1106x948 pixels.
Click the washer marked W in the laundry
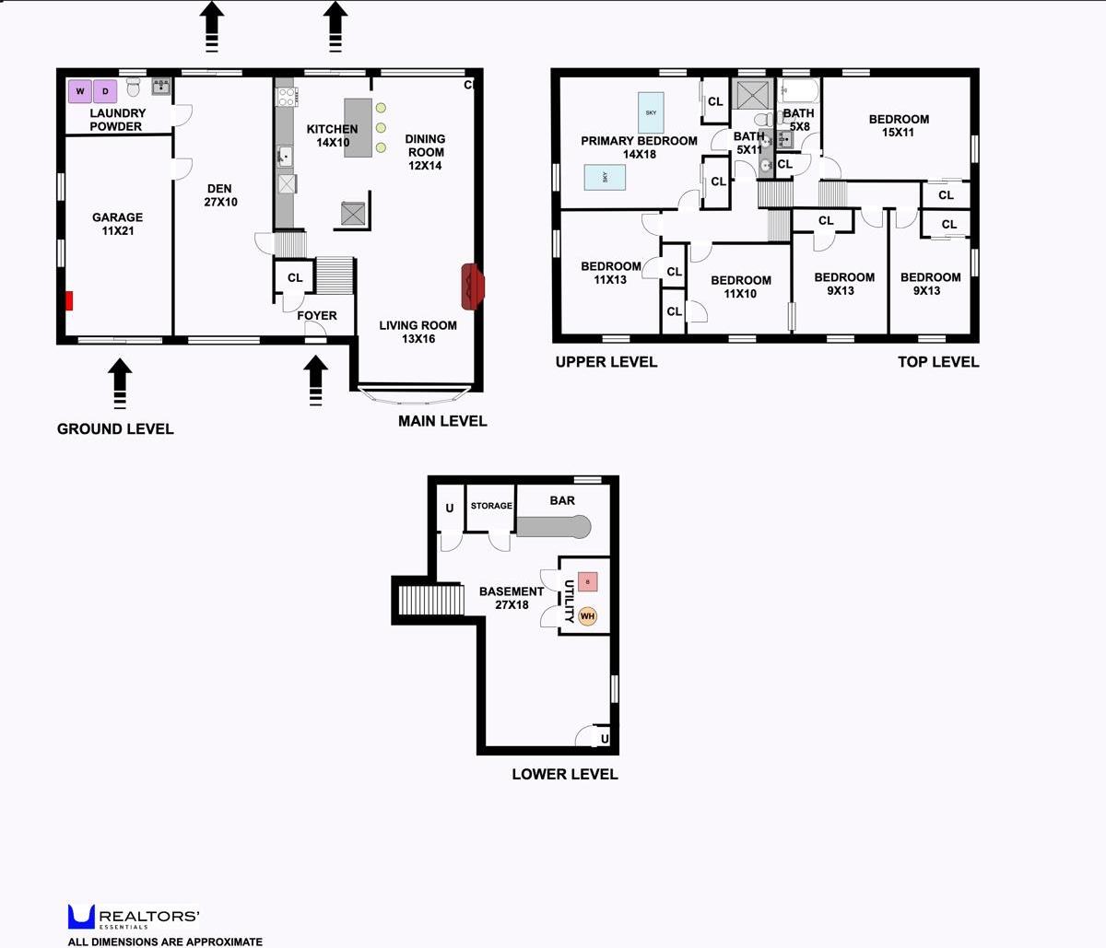click(80, 91)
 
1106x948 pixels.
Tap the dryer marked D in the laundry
click(105, 91)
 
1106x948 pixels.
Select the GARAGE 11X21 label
click(118, 224)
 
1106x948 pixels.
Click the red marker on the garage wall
click(69, 300)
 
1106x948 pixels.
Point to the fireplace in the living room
click(472, 286)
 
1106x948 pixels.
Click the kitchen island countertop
click(359, 127)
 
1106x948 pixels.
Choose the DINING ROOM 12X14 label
click(425, 152)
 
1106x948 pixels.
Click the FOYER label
click(316, 315)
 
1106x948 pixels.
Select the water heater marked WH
click(587, 616)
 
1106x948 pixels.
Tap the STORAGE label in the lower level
click(491, 506)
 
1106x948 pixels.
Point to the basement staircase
click(429, 601)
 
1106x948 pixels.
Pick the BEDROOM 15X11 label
click(899, 125)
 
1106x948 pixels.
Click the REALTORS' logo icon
click(81, 917)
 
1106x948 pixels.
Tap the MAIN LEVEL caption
click(442, 421)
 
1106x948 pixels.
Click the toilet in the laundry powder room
click(134, 88)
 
